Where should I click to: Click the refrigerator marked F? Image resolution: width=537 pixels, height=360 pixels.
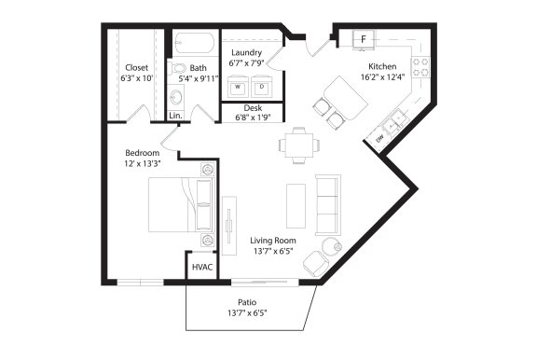point(363,38)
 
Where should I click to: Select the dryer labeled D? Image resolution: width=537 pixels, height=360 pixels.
point(261,88)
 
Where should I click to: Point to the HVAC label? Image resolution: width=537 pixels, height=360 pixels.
point(202,268)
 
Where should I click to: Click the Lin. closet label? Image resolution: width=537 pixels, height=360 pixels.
point(175,116)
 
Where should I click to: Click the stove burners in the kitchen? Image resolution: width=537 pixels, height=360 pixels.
point(420,68)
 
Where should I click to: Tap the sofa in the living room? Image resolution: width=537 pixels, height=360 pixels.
point(328,204)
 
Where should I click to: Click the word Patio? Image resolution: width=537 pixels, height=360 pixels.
point(247,302)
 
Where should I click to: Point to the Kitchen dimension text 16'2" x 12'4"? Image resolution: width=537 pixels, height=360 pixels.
point(383,77)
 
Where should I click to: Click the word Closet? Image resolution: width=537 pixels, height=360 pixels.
point(137,67)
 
